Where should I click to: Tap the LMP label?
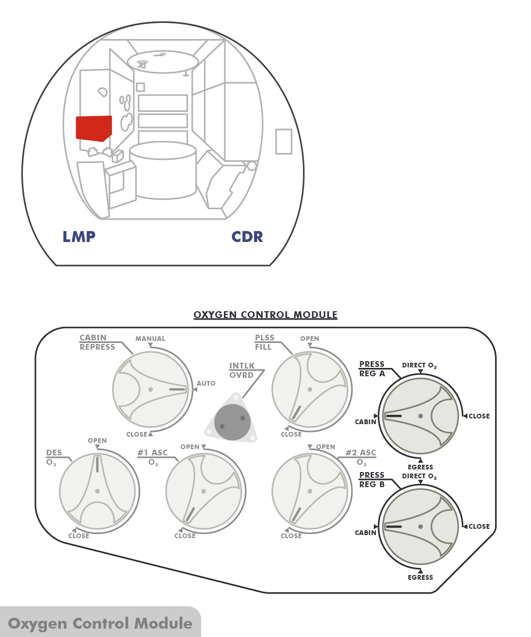(79, 237)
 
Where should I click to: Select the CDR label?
(247, 237)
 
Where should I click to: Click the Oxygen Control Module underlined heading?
(265, 315)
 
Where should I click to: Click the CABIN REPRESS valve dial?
(150, 389)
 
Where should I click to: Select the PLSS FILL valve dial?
(310, 389)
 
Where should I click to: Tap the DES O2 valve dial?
(97, 491)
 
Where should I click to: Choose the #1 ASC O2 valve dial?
(204, 491)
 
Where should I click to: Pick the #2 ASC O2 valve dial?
(310, 491)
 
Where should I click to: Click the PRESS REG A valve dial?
(420, 416)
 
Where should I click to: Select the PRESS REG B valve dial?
(420, 527)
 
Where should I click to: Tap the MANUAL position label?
(150, 339)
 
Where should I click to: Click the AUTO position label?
(206, 384)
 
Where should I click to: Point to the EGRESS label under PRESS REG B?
(420, 578)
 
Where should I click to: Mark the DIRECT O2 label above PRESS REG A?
(419, 366)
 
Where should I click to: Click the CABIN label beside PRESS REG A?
(365, 422)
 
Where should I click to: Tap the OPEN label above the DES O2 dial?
(97, 441)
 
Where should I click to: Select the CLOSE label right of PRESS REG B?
(479, 527)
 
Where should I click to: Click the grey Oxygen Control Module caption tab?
(100, 623)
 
